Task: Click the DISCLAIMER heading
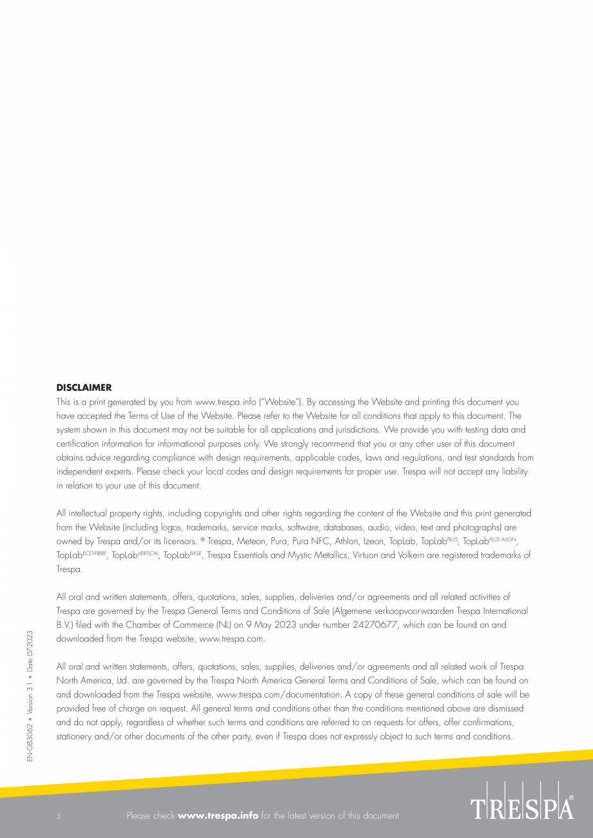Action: pos(84,388)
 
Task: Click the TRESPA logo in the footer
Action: pos(522,807)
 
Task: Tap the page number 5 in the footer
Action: pos(59,816)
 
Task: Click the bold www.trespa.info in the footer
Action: pos(218,816)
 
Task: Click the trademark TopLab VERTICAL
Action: pos(135,555)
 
